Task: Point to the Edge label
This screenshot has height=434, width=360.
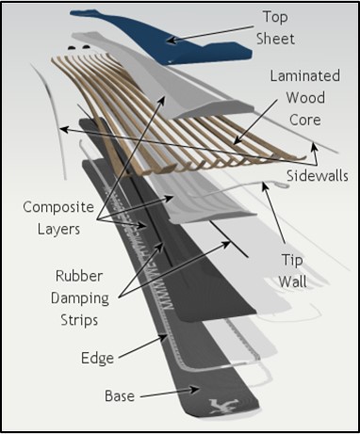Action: [x=96, y=358]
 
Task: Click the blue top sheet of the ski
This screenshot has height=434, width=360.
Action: [x=132, y=28]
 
